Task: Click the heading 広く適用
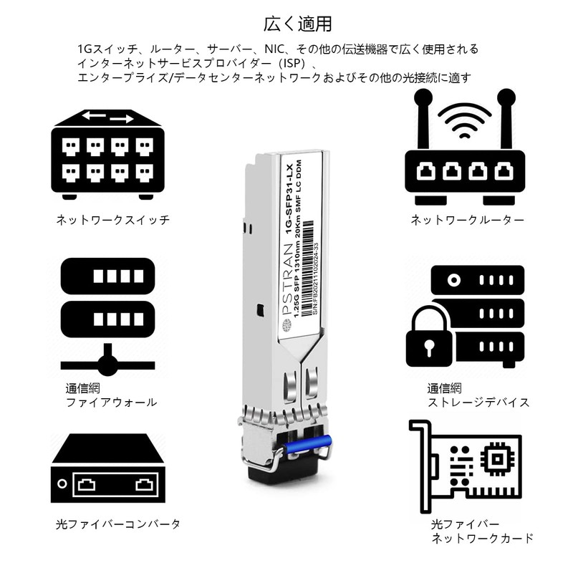click(x=297, y=24)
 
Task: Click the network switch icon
click(x=108, y=153)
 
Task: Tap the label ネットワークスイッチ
click(x=113, y=220)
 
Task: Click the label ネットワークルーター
click(x=467, y=220)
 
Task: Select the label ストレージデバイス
click(x=478, y=403)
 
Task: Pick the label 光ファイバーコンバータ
click(x=118, y=524)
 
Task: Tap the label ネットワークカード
click(x=482, y=538)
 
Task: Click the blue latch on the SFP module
click(x=307, y=444)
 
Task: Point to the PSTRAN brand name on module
click(x=291, y=279)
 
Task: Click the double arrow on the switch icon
click(x=107, y=117)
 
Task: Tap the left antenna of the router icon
click(x=422, y=122)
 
